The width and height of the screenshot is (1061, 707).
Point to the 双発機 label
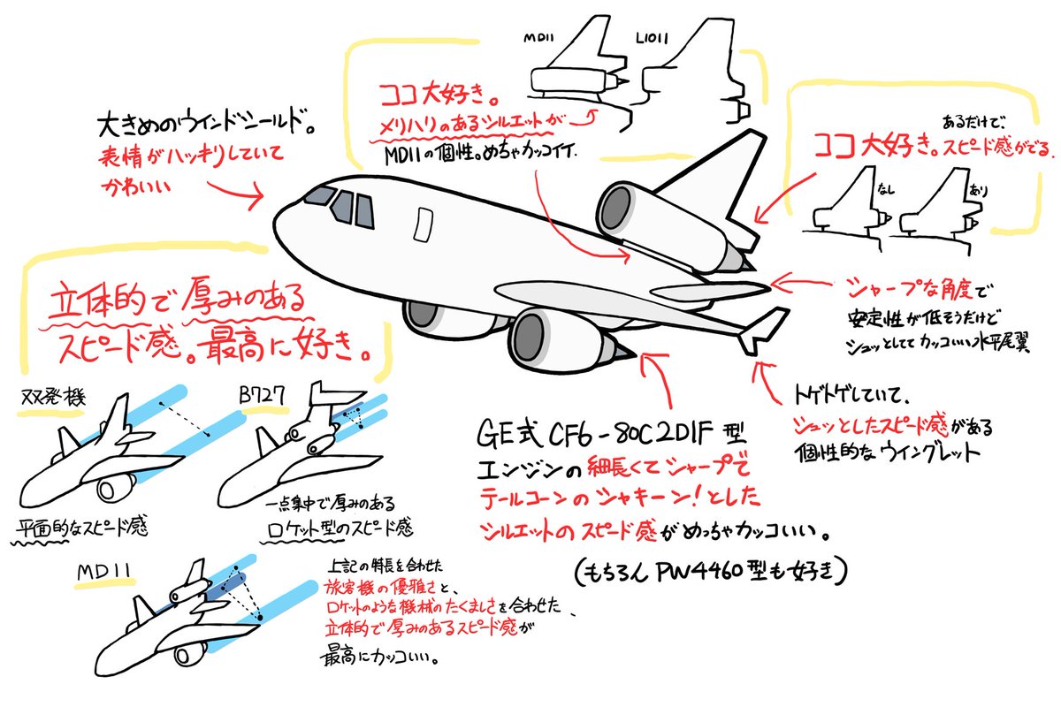tap(51, 399)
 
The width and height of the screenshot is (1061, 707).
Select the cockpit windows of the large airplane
tap(341, 205)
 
